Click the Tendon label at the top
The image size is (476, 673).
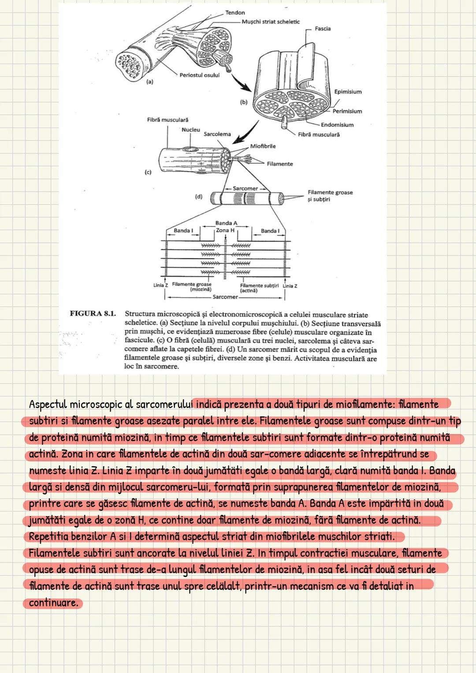[x=235, y=13]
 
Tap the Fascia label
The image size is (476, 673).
[x=323, y=29]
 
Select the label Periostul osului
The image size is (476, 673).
[x=199, y=75]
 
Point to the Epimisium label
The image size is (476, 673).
[x=348, y=92]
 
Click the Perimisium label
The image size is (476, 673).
[x=347, y=112]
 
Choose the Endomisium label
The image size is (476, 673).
[x=337, y=125]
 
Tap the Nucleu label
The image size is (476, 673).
[x=191, y=130]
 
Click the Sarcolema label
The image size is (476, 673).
[x=217, y=134]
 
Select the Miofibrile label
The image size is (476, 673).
[x=263, y=146]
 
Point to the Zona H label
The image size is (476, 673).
[x=225, y=230]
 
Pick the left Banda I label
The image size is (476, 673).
[x=183, y=231]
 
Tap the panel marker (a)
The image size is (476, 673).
[x=150, y=82]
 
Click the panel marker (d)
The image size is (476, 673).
[x=199, y=197]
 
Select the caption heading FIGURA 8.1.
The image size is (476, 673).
[x=93, y=314]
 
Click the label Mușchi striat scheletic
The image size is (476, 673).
[x=271, y=22]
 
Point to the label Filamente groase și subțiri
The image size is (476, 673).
[x=330, y=196]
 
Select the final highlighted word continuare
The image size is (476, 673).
[x=53, y=602]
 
